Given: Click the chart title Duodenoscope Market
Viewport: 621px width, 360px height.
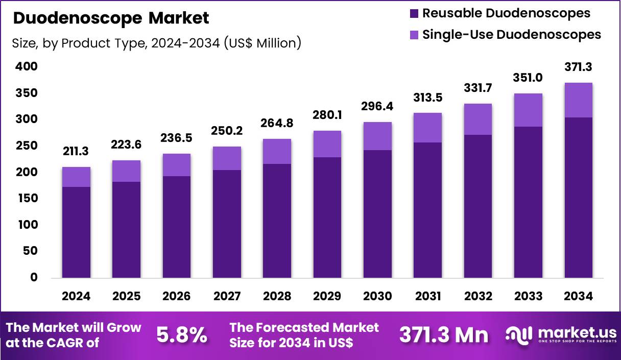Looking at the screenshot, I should pyautogui.click(x=110, y=18).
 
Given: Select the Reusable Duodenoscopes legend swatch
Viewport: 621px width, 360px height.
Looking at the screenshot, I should pyautogui.click(x=414, y=13).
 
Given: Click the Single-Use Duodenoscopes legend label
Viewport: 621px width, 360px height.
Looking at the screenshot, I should pyautogui.click(x=511, y=34).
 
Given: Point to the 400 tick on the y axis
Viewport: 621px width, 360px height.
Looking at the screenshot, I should pyautogui.click(x=27, y=66).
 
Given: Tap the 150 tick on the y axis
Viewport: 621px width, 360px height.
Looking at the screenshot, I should pyautogui.click(x=27, y=199).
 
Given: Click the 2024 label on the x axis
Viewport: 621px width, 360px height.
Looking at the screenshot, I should pyautogui.click(x=76, y=296).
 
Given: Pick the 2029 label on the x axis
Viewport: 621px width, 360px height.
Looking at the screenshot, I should pyautogui.click(x=327, y=296).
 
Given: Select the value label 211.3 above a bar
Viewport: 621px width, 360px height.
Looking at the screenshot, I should pyautogui.click(x=76, y=152).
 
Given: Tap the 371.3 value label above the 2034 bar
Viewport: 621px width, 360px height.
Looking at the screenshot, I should pyautogui.click(x=578, y=67).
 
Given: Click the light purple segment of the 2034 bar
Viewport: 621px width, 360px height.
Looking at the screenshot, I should pyautogui.click(x=578, y=100).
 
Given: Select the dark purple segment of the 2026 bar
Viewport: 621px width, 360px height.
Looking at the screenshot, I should pyautogui.click(x=177, y=227).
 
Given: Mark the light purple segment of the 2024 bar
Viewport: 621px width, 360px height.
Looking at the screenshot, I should pyautogui.click(x=76, y=177).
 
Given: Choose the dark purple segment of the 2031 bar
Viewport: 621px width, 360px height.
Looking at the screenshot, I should pyautogui.click(x=427, y=210).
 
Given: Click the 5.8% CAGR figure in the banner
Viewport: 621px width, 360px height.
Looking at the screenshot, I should pyautogui.click(x=181, y=335).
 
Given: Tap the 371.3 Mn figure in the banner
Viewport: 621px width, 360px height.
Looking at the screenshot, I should pyautogui.click(x=443, y=335).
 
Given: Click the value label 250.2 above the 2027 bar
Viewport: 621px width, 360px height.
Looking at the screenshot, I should pyautogui.click(x=227, y=132).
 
